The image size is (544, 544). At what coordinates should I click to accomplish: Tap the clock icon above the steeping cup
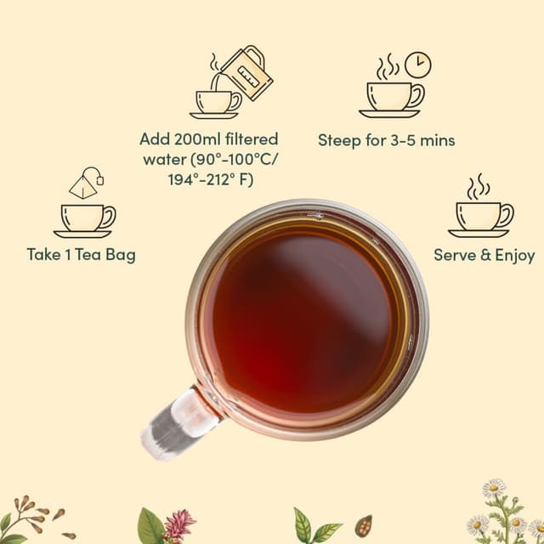pyautogui.click(x=417, y=64)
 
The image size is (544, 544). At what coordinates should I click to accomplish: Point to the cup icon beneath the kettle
pyautogui.click(x=215, y=103)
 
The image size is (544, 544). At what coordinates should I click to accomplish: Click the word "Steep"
pyautogui.click(x=340, y=140)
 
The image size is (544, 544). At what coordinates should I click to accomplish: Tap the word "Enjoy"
pyautogui.click(x=513, y=254)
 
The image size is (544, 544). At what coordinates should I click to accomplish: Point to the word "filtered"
pyautogui.click(x=249, y=139)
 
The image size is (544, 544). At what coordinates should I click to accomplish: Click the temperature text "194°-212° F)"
pyautogui.click(x=209, y=179)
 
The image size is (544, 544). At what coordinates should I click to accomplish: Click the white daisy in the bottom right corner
pyautogui.click(x=494, y=489)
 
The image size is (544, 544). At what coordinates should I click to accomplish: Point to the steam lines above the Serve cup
pyautogui.click(x=480, y=186)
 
